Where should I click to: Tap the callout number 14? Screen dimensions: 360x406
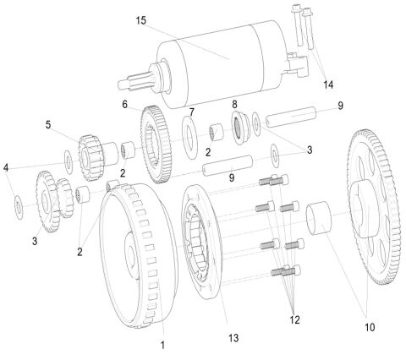tap(327, 84)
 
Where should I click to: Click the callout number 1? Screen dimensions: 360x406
tap(163, 345)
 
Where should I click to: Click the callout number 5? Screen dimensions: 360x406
tap(48, 123)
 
